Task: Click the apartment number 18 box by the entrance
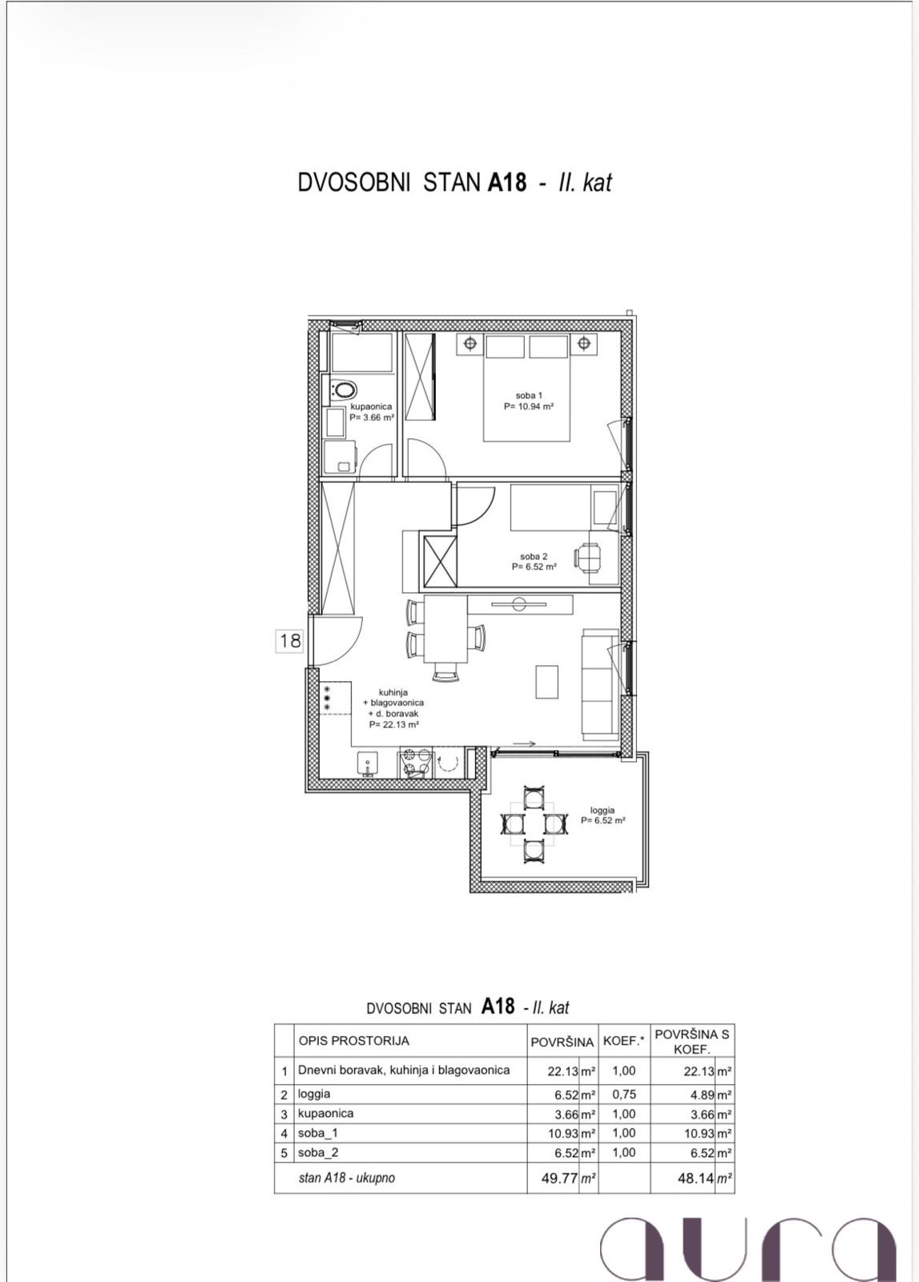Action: click(x=289, y=640)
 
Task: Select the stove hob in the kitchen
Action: click(x=414, y=764)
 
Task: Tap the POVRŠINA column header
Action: click(x=562, y=1042)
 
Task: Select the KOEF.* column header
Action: click(x=623, y=1042)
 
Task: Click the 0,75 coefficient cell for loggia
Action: click(x=623, y=1095)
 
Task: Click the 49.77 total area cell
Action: click(x=560, y=1179)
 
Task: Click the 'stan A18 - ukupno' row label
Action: click(x=347, y=1178)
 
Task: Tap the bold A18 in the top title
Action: click(x=507, y=183)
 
